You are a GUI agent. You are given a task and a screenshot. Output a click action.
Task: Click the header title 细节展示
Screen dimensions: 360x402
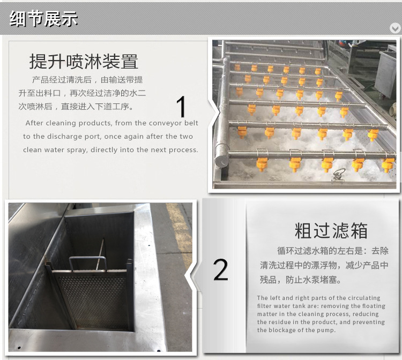44,19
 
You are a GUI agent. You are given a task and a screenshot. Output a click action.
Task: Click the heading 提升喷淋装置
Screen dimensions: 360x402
84,62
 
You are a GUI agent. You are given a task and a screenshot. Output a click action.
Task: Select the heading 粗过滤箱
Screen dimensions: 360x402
331,230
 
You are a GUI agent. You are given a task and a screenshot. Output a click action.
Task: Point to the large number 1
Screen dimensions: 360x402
182,107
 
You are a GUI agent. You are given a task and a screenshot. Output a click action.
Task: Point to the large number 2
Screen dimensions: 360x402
220,270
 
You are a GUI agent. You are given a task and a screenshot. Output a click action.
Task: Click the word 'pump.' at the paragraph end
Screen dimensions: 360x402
326,330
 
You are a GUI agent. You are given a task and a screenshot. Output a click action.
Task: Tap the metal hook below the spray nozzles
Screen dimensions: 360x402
339,175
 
